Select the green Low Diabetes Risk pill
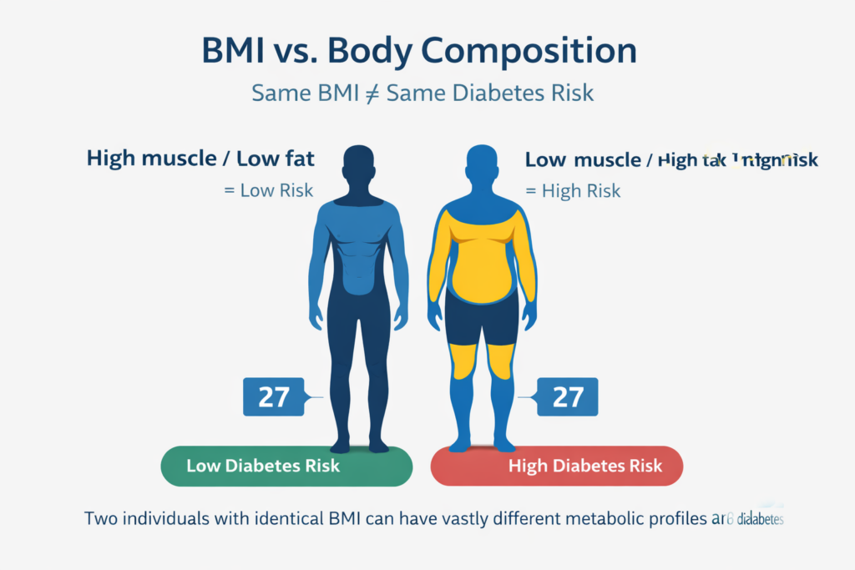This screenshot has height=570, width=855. pyautogui.click(x=286, y=466)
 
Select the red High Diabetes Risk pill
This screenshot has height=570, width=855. pyautogui.click(x=556, y=466)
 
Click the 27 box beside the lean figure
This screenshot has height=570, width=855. pyautogui.click(x=273, y=396)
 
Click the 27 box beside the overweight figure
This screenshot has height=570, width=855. pyautogui.click(x=568, y=396)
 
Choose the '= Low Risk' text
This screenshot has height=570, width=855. pyautogui.click(x=268, y=190)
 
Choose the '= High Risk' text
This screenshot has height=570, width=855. pyautogui.click(x=573, y=190)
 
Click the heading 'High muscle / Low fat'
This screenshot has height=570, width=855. pyautogui.click(x=200, y=159)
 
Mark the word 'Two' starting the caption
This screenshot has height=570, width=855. pyautogui.click(x=101, y=518)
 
